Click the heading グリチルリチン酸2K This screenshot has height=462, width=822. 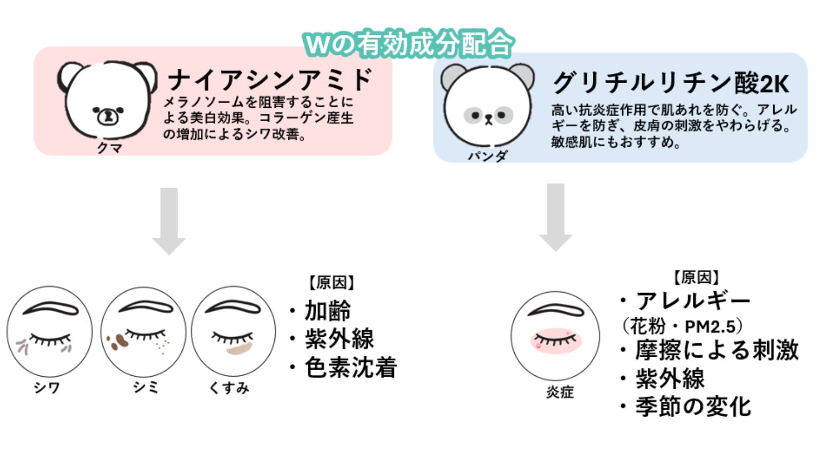click(x=670, y=83)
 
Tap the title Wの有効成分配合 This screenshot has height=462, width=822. click(x=408, y=44)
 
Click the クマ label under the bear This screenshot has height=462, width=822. click(x=110, y=148)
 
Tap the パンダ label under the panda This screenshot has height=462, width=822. click(x=488, y=156)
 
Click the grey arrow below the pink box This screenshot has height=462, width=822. click(x=169, y=220)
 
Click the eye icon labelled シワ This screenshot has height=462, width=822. click(x=49, y=331)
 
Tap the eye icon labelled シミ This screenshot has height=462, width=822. click(x=143, y=331)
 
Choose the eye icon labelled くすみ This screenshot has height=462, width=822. click(x=233, y=331)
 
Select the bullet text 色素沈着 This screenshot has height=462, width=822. click(x=350, y=368)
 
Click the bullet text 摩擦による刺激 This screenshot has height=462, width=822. click(x=716, y=350)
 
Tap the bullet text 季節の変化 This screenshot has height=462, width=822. click(x=693, y=407)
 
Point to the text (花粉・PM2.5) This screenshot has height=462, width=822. click(x=681, y=326)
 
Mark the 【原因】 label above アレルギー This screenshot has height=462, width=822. click(x=696, y=278)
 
